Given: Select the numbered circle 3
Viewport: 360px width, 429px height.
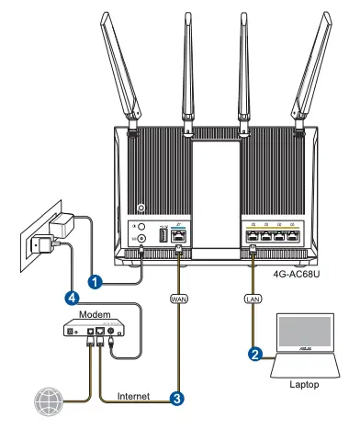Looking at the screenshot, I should click(174, 398).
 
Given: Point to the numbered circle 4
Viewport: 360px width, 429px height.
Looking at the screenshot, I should click(71, 297).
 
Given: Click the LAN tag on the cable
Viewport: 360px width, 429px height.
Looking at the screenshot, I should click(253, 299).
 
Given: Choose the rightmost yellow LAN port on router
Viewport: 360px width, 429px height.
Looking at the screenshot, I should click(290, 234).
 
